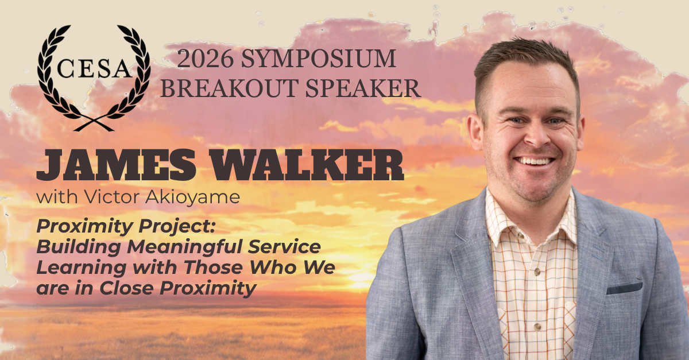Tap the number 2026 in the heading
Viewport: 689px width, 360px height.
pos(205,59)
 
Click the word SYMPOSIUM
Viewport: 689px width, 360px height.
pos(318,59)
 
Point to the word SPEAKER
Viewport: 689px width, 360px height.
pos(363,88)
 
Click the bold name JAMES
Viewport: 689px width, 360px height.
pos(116,165)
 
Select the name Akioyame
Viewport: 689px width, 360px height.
pos(192,198)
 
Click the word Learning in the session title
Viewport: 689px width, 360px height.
pos(81,268)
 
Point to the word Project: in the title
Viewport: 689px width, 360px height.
pos(177,227)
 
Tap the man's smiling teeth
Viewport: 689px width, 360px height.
pos(535,161)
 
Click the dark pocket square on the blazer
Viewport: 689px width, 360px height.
pos(625,288)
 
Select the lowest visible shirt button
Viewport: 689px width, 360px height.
pos(537,327)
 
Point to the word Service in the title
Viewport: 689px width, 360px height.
pos(284,247)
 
